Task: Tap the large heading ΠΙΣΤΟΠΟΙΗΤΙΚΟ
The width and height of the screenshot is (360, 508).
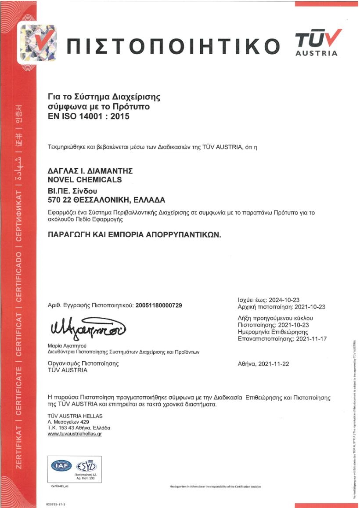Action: point(173,46)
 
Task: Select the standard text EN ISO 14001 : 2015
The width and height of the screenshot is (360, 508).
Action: point(88,117)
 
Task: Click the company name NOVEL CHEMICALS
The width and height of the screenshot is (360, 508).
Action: point(84,180)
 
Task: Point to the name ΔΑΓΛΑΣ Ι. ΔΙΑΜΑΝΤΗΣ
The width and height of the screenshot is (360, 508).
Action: point(90,171)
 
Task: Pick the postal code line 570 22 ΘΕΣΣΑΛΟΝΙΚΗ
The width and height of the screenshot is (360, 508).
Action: point(106,200)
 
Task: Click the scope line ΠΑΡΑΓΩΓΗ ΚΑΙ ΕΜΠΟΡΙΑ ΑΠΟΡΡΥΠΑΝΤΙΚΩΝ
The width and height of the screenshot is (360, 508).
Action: point(134,235)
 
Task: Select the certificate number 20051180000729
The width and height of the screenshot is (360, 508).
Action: point(159,305)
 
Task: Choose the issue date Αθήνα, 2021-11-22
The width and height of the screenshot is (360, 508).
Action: point(263,364)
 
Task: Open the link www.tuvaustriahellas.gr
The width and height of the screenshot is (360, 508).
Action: point(75,434)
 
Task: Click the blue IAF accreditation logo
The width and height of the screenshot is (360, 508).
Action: point(61,466)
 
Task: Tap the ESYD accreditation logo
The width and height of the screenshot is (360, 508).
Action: point(86,466)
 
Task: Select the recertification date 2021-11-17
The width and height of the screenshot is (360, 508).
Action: point(311,339)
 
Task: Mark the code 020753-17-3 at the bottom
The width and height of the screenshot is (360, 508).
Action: point(55,504)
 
